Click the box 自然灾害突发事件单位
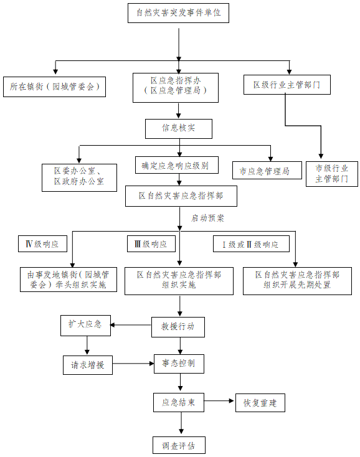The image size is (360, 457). [x=178, y=13]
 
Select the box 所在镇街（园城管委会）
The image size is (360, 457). [x=55, y=87]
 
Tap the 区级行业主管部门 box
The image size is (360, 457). [x=287, y=85]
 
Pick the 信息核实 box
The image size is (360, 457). [x=179, y=128]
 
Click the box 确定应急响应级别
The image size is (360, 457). [x=177, y=165]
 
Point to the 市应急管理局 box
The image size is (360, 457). [x=267, y=170]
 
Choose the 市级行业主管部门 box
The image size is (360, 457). [x=332, y=174]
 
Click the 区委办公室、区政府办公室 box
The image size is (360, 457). [x=79, y=177]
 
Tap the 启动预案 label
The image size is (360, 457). [x=207, y=218]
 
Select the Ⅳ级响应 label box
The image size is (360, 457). [x=42, y=243]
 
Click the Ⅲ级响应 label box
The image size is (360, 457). [x=151, y=243]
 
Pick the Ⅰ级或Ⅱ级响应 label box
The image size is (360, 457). [x=251, y=243]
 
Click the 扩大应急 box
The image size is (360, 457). [x=85, y=325]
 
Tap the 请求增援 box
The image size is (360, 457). [x=88, y=365]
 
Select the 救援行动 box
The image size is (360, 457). [x=178, y=327]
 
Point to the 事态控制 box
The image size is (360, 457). [x=179, y=364]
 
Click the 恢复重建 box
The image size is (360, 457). [x=260, y=403]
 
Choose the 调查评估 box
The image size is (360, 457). [x=179, y=445]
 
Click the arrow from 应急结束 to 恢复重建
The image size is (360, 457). [x=219, y=401]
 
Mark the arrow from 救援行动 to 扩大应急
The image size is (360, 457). [x=131, y=325]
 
